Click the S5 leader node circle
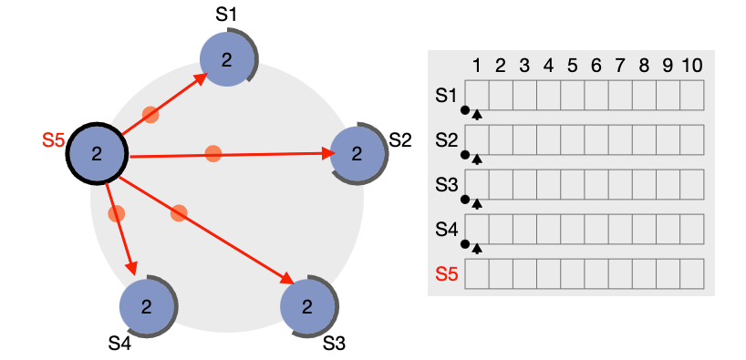[x=97, y=153]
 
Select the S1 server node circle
[x=226, y=59]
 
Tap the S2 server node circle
[x=357, y=153]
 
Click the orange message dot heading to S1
[x=150, y=115]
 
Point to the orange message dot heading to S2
[x=212, y=153]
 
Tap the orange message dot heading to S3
[x=179, y=213]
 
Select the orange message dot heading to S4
[x=116, y=214]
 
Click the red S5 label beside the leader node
[x=53, y=140]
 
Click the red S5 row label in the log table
[x=447, y=273]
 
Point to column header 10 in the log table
[x=691, y=66]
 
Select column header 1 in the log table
[x=476, y=66]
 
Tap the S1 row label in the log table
[x=447, y=94]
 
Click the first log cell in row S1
[x=477, y=94]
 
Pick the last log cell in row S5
[x=691, y=273]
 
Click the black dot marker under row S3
[x=465, y=200]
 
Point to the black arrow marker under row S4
[x=477, y=247]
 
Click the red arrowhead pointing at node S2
[x=329, y=154]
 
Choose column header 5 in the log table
[x=572, y=66]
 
